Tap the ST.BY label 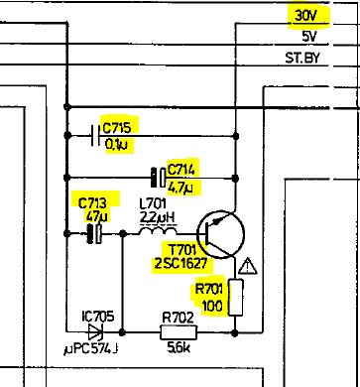[x=308, y=60]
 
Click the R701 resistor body [x=237, y=298]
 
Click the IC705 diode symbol [x=95, y=333]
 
